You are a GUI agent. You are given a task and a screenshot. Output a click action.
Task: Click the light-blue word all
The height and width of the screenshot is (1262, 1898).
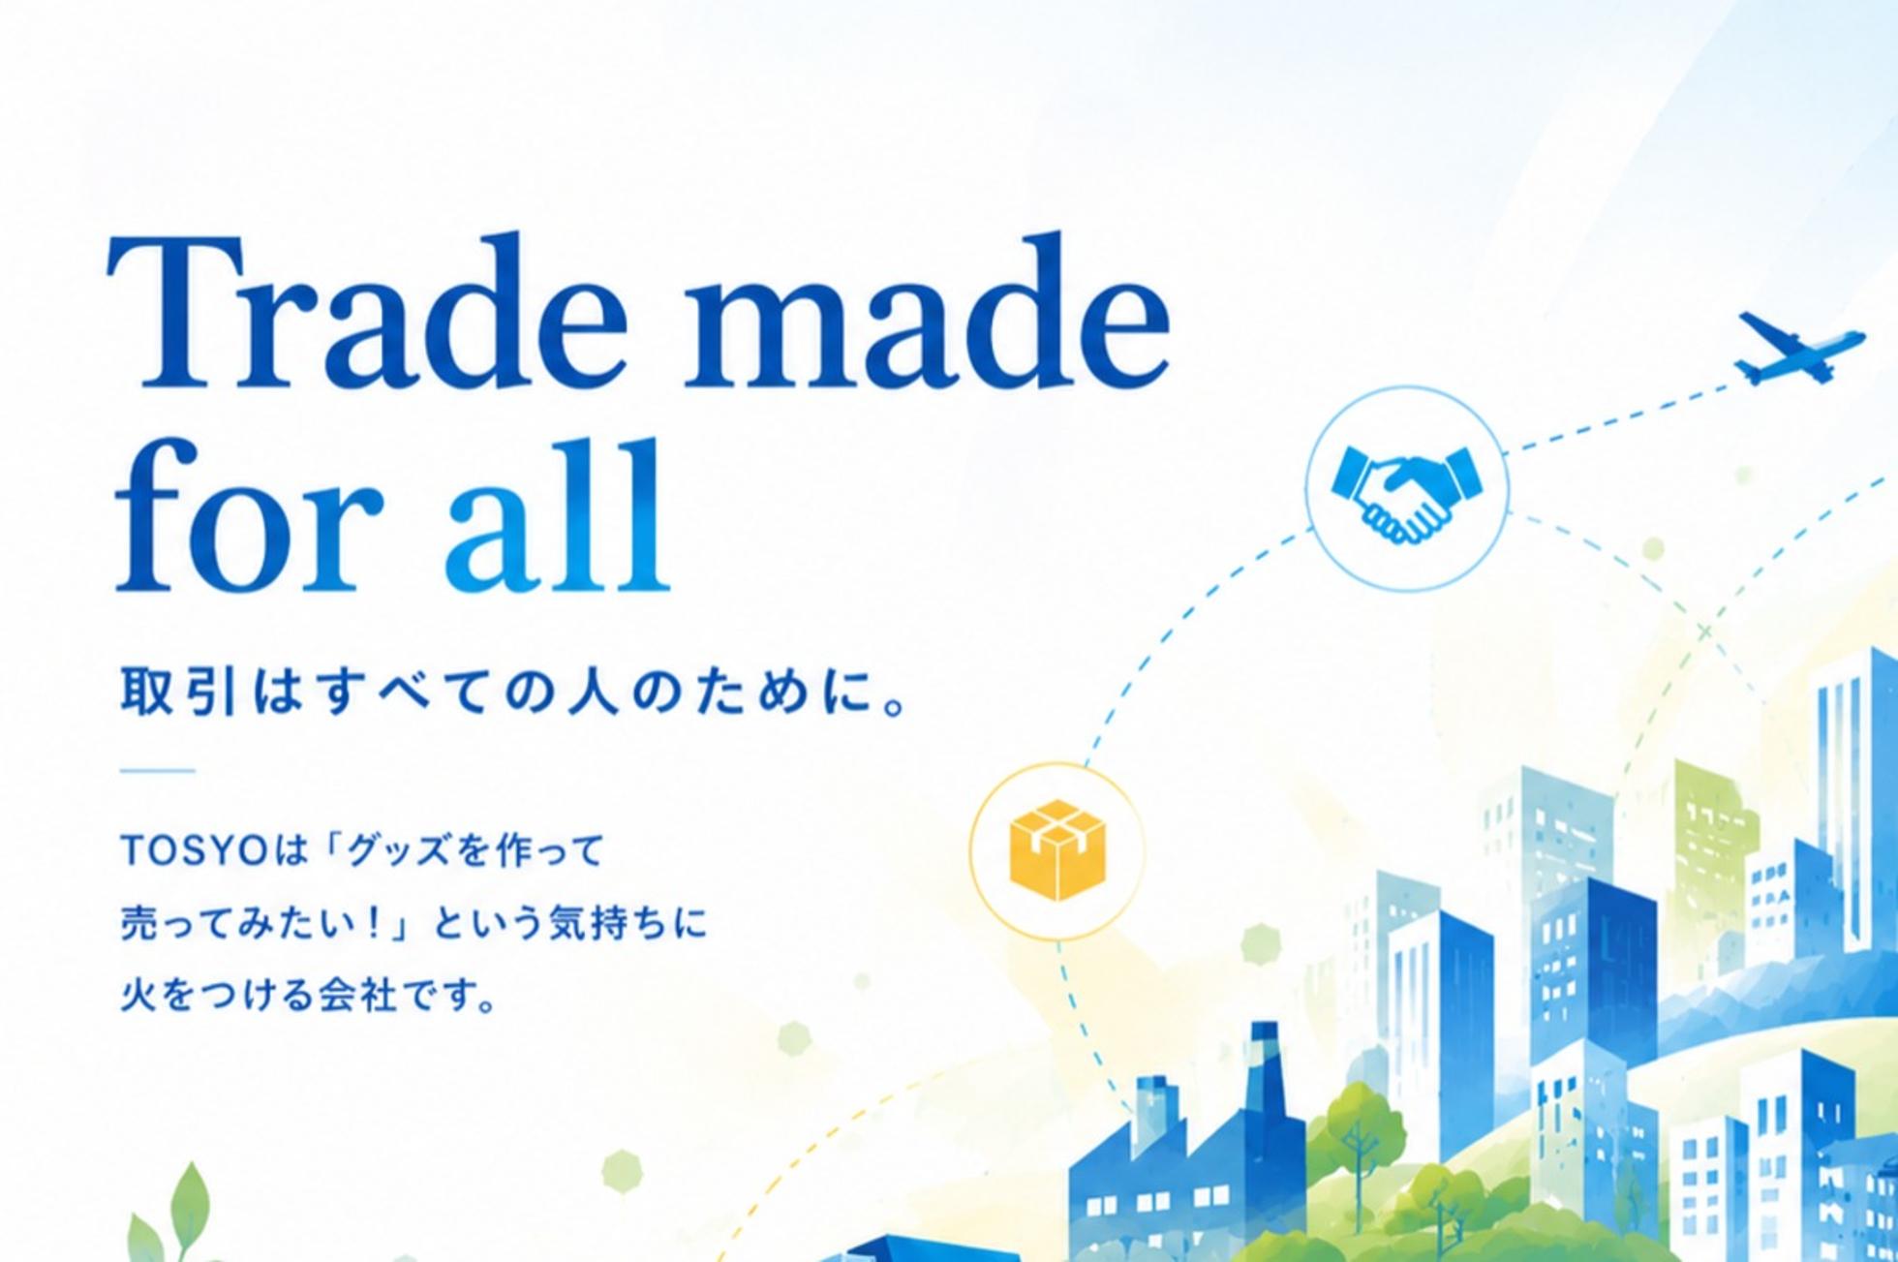(558, 513)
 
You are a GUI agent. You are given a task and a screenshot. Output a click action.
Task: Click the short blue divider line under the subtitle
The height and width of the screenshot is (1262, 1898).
(158, 772)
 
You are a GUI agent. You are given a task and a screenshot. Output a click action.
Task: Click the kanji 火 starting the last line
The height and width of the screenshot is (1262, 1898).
(138, 995)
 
